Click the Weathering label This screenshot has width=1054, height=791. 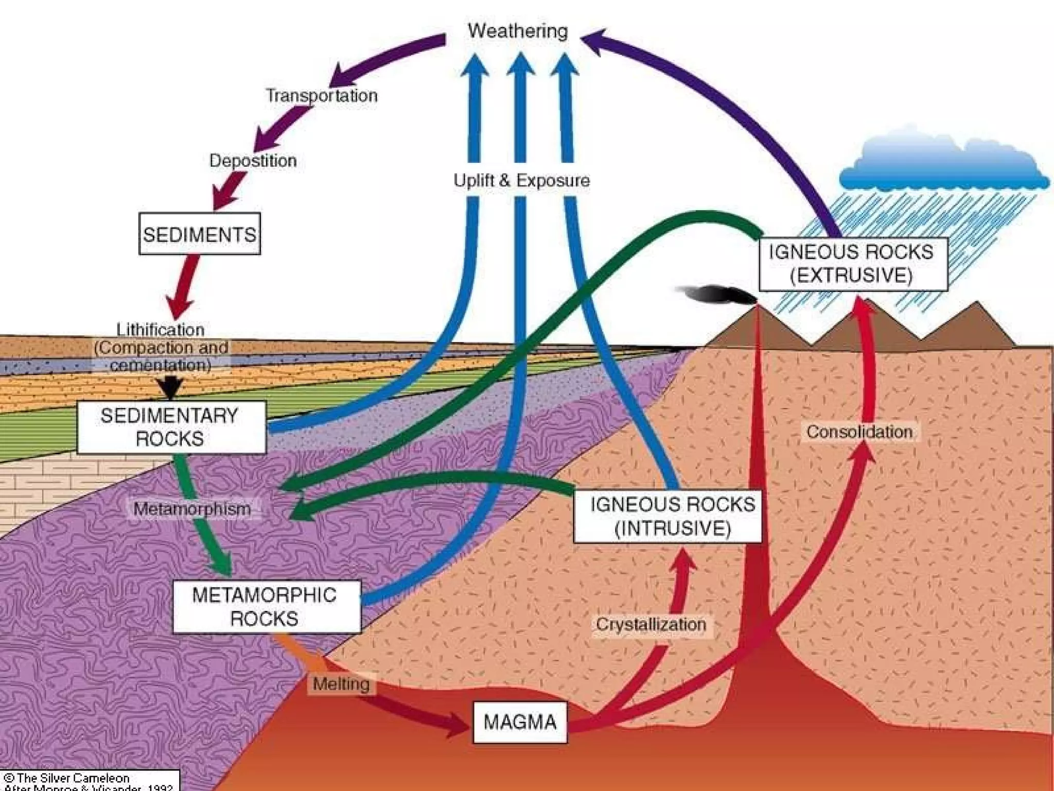(x=518, y=31)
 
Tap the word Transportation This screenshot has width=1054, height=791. (x=322, y=96)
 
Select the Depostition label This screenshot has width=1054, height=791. (x=253, y=161)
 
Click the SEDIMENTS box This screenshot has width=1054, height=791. (x=200, y=234)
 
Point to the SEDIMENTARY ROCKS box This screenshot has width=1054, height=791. (x=170, y=427)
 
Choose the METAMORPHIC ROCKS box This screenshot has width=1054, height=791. (x=266, y=607)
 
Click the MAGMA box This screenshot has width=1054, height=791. (x=520, y=722)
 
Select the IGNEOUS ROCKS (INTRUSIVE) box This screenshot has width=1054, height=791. (x=667, y=517)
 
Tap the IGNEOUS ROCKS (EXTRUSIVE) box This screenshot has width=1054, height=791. (x=852, y=264)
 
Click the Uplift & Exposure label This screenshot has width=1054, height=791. (x=521, y=181)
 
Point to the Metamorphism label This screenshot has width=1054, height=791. (x=192, y=509)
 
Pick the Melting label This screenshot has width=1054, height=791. (x=341, y=684)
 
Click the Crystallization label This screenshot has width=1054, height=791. (x=651, y=625)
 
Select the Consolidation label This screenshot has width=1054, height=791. (x=859, y=432)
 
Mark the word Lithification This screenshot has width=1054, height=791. (x=160, y=330)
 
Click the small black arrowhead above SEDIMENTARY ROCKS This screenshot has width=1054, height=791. (x=170, y=387)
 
